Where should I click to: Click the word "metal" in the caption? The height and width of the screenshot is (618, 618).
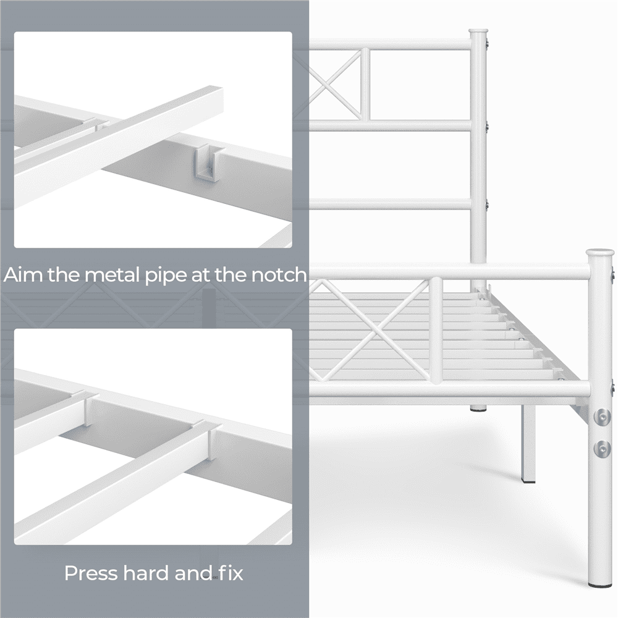click(113, 275)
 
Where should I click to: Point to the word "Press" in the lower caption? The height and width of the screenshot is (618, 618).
click(92, 573)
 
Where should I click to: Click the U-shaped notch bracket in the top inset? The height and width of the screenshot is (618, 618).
click(207, 163)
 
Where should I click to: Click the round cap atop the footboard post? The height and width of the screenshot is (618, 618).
click(600, 252)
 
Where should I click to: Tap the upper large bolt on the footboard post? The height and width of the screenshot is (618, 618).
click(603, 416)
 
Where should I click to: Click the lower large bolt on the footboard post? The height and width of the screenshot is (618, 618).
click(603, 448)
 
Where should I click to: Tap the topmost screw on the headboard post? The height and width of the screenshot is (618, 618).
click(487, 43)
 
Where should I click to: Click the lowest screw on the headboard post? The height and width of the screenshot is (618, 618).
click(487, 205)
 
